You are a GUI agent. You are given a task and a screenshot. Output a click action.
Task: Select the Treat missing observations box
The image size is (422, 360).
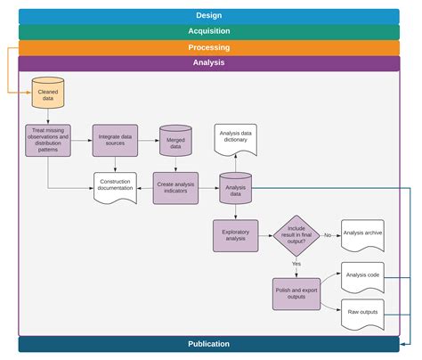click(x=48, y=140)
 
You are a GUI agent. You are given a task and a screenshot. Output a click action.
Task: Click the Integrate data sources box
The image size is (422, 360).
click(x=116, y=140)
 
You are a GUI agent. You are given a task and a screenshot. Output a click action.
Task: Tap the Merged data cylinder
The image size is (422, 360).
click(x=176, y=140)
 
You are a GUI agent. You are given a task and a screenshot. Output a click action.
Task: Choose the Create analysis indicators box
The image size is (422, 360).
click(x=176, y=187)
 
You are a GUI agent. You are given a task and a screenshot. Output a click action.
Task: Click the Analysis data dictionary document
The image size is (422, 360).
click(x=235, y=139)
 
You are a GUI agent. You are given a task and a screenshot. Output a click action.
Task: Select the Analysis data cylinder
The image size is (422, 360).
click(x=235, y=188)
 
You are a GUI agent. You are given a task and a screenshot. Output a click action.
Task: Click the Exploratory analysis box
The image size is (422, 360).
click(x=235, y=235)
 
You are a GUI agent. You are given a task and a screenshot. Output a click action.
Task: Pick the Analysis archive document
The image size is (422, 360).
click(x=362, y=235)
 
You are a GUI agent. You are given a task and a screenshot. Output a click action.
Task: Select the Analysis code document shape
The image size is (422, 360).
click(x=362, y=277)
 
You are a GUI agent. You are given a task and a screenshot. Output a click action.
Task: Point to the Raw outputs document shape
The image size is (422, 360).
click(x=362, y=313)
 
